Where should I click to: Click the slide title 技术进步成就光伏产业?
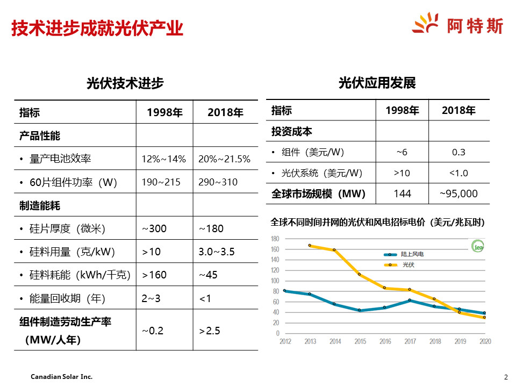pos(97,28)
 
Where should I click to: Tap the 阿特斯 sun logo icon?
pos(426,24)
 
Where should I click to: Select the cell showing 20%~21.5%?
pos(224,159)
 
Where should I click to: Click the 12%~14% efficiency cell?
pos(163,159)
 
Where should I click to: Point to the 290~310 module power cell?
pos(218,182)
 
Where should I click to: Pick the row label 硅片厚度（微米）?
pos(67,228)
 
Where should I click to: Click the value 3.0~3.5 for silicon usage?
pos(217,252)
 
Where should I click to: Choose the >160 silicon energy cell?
pos(154,275)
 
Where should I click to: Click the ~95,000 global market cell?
pos(458,193)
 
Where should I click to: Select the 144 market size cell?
pos(402,193)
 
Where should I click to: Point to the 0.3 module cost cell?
pos(458,152)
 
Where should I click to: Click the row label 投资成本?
pos(292,132)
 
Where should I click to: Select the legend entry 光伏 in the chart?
pos(408,264)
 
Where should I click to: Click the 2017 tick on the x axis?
pos(410,341)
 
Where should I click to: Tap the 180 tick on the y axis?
pos(275,239)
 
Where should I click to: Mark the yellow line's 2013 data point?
pos(310,245)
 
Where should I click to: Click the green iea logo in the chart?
pos(477,247)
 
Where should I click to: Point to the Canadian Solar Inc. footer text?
pos(61,377)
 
